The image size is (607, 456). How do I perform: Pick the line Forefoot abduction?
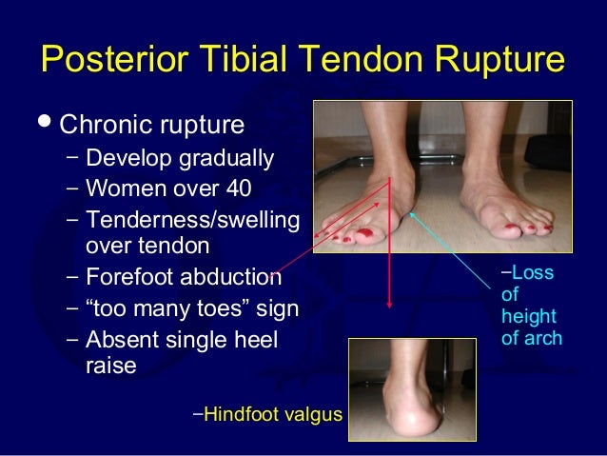tap(183, 277)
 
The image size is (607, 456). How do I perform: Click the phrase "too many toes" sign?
tap(191, 308)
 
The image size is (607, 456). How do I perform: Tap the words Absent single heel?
tap(181, 339)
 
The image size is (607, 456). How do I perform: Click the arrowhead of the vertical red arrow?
tap(390, 305)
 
